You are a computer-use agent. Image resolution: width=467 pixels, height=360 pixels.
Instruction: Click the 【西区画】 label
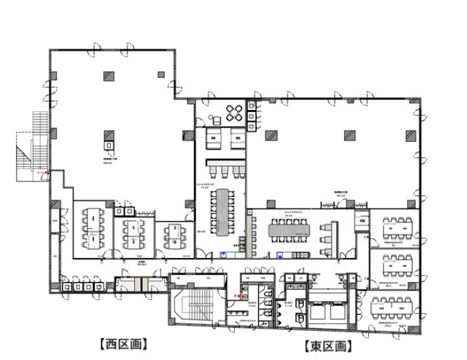(123, 344)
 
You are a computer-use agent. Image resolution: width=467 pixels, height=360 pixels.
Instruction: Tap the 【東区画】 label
(326, 346)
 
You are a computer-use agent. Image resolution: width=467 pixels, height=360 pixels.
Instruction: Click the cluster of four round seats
(235, 111)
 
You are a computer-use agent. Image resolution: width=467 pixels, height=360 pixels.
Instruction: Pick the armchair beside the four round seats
(215, 120)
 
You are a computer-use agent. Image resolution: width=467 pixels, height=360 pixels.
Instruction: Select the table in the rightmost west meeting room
(173, 233)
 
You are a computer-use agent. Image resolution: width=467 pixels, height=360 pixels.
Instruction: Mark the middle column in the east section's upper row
(348, 135)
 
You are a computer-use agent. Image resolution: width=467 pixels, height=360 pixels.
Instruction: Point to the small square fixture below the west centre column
(108, 143)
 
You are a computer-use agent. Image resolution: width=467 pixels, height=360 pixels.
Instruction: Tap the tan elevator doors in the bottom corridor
(138, 283)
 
